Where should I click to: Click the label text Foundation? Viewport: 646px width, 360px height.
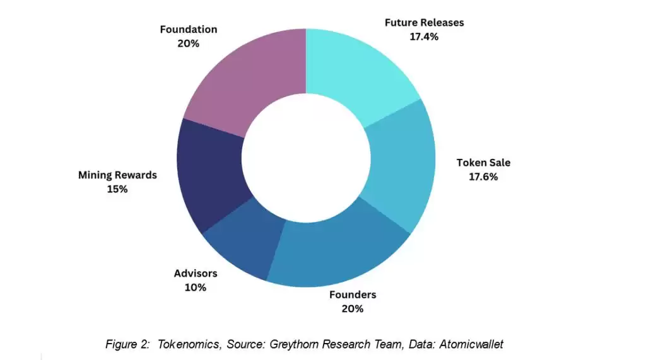coord(188,30)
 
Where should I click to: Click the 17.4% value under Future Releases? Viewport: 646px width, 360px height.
coord(424,37)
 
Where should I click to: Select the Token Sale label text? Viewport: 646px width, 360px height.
coord(483,163)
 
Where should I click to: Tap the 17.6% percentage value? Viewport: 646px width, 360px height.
coord(483,177)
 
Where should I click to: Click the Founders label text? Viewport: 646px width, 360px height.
coord(353,294)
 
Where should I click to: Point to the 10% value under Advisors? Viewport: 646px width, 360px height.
coord(196,287)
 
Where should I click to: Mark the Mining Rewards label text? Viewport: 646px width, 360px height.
coord(117,175)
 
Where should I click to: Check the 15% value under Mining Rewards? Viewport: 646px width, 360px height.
coord(117,189)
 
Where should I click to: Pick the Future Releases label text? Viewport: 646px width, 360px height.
coord(424,23)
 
